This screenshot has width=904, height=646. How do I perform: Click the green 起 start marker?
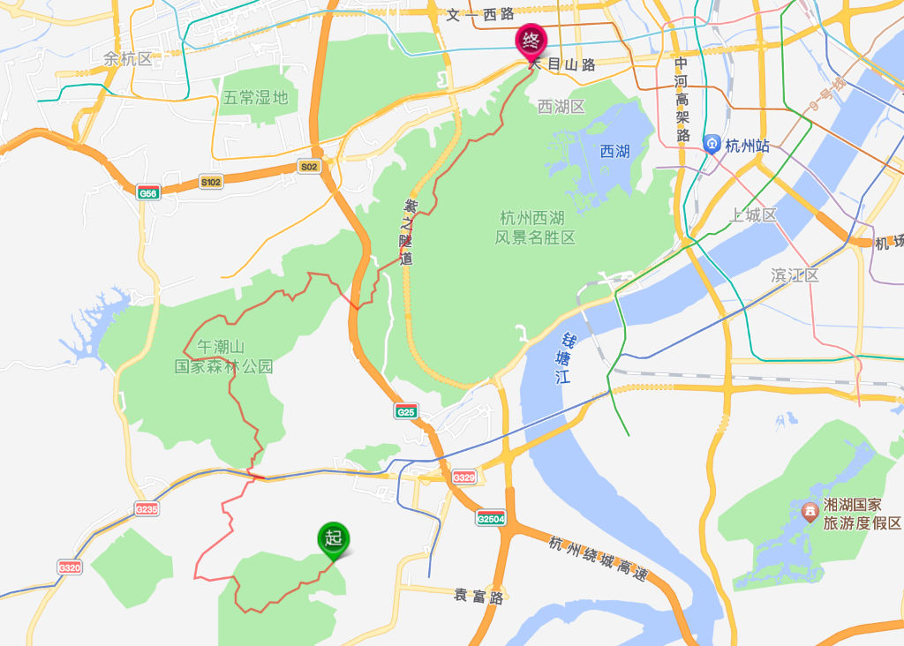(x=334, y=538)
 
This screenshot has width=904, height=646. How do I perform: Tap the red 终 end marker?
(x=531, y=40)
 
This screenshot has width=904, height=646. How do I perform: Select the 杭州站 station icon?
(x=712, y=145)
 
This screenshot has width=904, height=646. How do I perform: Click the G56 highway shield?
(x=148, y=192)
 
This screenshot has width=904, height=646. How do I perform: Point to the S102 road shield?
(x=211, y=182)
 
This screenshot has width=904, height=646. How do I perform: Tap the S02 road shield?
(x=308, y=166)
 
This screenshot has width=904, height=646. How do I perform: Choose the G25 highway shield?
(x=406, y=411)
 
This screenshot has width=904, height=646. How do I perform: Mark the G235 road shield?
(x=147, y=509)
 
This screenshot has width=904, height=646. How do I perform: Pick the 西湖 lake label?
(x=614, y=152)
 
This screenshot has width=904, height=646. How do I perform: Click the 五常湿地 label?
(x=255, y=98)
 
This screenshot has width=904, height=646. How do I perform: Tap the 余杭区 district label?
(x=128, y=59)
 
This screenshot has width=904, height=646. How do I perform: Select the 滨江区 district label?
(x=795, y=275)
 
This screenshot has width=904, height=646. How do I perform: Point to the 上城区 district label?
(x=754, y=215)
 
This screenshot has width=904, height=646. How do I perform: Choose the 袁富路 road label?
(x=478, y=597)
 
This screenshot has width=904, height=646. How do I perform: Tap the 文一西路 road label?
(x=480, y=15)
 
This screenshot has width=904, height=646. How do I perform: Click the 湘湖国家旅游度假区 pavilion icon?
(x=809, y=512)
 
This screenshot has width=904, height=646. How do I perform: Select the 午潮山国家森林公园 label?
(x=223, y=357)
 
